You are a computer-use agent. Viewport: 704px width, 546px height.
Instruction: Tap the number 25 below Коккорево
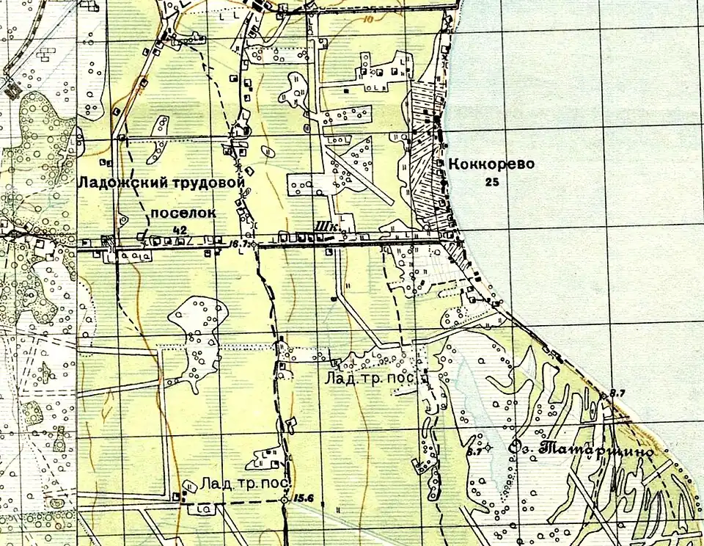click(491, 182)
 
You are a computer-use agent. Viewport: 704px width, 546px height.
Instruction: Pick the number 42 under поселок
click(179, 230)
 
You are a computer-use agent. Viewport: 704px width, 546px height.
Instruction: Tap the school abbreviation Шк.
click(326, 228)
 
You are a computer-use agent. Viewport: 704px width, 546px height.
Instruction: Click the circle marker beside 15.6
click(285, 500)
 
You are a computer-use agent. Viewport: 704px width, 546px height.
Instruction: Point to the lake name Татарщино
click(595, 449)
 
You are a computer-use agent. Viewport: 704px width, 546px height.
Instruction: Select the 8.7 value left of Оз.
click(473, 451)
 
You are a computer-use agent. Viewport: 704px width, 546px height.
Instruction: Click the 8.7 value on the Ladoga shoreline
click(617, 394)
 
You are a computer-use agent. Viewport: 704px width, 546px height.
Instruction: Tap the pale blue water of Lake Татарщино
click(469, 389)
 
